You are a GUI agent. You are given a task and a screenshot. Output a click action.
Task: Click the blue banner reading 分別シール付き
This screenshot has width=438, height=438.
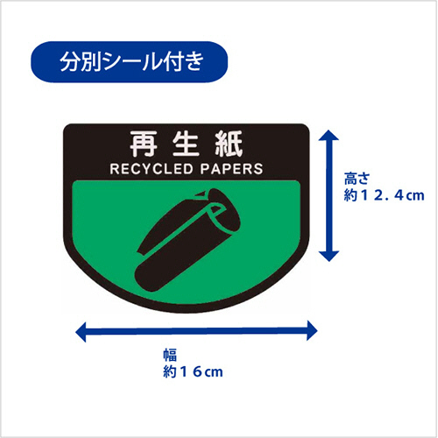129,61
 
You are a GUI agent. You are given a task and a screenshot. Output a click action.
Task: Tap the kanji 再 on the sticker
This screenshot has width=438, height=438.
143,144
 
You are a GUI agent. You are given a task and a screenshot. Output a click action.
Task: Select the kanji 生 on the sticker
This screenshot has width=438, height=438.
186,144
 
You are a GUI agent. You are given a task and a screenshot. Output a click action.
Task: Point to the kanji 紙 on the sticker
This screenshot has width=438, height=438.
229,144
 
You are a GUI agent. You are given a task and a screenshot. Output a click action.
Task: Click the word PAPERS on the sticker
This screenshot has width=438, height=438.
231,169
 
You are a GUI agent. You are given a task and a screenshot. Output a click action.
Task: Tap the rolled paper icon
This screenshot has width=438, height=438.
187,241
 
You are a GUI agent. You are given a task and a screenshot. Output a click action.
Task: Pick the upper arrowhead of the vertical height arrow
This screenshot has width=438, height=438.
328,136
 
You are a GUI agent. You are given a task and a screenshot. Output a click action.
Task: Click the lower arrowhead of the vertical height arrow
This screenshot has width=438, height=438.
328,256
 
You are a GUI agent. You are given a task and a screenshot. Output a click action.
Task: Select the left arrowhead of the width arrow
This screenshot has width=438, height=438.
81,331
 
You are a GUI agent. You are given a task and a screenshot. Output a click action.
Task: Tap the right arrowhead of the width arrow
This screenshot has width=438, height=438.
312,331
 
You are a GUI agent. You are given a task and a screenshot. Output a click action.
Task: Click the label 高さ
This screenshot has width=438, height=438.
357,179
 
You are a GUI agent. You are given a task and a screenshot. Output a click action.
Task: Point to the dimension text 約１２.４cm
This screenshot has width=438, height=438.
384,195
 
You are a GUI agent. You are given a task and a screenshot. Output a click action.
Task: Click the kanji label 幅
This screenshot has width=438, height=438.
170,355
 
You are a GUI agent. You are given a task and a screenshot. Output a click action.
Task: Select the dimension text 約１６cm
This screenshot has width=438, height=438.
193,371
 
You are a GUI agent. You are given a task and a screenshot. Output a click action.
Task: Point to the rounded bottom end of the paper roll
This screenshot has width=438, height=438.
146,278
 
